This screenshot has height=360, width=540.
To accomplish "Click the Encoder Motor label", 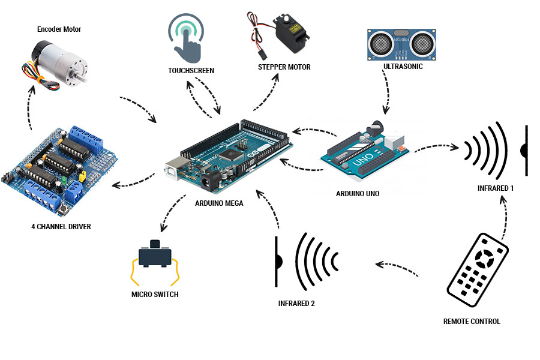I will [x=59, y=29].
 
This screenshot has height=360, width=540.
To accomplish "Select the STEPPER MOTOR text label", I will [x=284, y=67].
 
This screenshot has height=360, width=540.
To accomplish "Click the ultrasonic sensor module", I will [x=400, y=43].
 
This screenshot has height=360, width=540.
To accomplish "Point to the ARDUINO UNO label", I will [x=358, y=194].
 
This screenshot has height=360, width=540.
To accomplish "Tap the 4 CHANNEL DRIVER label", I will [x=61, y=226].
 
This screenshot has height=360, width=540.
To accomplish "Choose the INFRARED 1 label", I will [x=496, y=188].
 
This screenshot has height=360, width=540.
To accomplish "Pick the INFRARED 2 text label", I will [x=296, y=304].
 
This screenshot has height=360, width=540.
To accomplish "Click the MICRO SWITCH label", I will [x=155, y=295].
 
